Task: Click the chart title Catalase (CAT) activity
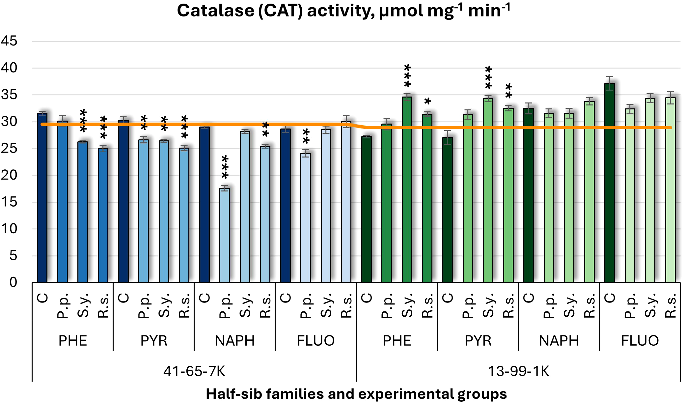click(343, 11)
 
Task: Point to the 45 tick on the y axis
click(9, 41)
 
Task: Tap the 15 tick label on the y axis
click(9, 202)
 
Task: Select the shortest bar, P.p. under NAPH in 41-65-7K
click(225, 235)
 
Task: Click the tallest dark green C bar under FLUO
click(610, 183)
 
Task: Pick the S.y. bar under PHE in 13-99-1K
click(407, 189)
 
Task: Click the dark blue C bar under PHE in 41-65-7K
click(42, 198)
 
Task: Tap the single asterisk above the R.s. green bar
click(427, 101)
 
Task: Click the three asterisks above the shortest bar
click(225, 167)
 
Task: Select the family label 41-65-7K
click(194, 371)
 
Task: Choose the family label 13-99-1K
click(518, 371)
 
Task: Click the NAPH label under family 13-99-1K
click(559, 341)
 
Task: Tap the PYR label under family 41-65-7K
click(154, 341)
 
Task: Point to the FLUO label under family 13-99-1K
click(640, 341)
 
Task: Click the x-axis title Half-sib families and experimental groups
click(356, 394)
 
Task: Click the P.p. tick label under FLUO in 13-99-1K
click(630, 306)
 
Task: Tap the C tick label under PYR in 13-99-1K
click(448, 298)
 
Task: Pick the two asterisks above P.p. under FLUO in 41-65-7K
click(306, 137)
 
